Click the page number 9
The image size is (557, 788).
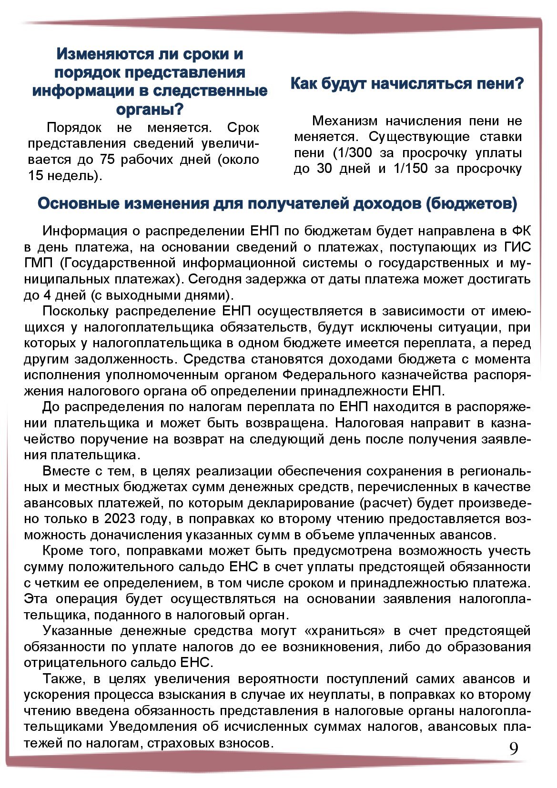pos(514,748)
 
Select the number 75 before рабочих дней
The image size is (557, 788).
pos(108,160)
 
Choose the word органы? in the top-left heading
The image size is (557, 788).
pos(150,109)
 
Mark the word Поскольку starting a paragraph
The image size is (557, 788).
pos(76,311)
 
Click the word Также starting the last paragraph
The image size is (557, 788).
pos(60,679)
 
